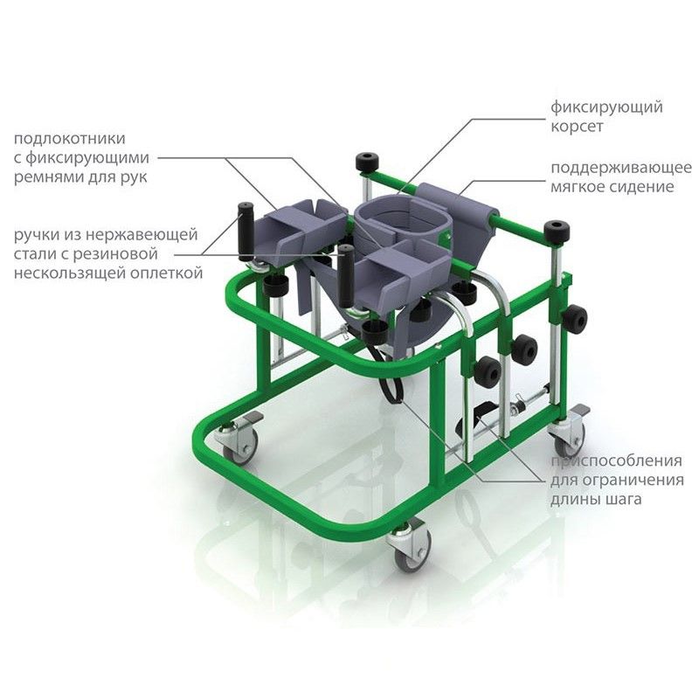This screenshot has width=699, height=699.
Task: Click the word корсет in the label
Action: pyautogui.click(x=577, y=127)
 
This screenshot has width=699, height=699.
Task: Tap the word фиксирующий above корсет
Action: pyautogui.click(x=606, y=107)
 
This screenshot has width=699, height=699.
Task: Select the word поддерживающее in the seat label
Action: pyautogui.click(x=621, y=168)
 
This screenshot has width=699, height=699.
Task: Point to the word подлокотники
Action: pyautogui.click(x=70, y=139)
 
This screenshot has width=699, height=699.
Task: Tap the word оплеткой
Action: pyautogui.click(x=166, y=273)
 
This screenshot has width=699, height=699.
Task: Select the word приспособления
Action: pyautogui.click(x=617, y=461)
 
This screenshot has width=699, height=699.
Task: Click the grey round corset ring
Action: pyautogui.click(x=404, y=220)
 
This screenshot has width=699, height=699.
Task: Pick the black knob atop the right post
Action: pyautogui.click(x=557, y=232)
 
